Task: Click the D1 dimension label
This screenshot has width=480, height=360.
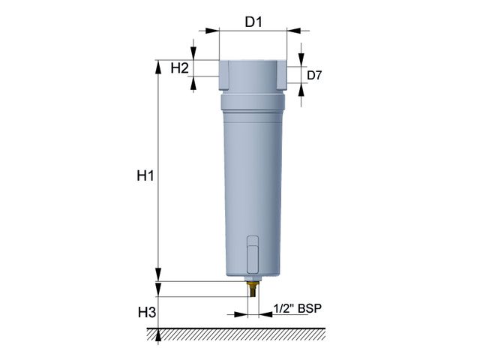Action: (253, 22)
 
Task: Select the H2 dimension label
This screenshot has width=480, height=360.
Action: (178, 68)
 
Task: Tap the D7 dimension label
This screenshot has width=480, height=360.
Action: (316, 75)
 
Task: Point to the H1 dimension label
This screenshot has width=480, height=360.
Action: (145, 176)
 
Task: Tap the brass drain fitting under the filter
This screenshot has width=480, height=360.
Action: (253, 287)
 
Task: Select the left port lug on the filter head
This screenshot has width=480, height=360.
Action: (223, 76)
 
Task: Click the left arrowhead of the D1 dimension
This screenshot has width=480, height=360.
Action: (211, 31)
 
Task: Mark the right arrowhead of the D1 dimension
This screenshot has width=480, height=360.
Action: (293, 31)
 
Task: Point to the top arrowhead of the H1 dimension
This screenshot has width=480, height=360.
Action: (158, 65)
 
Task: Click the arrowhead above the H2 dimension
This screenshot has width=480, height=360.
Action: (194, 55)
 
